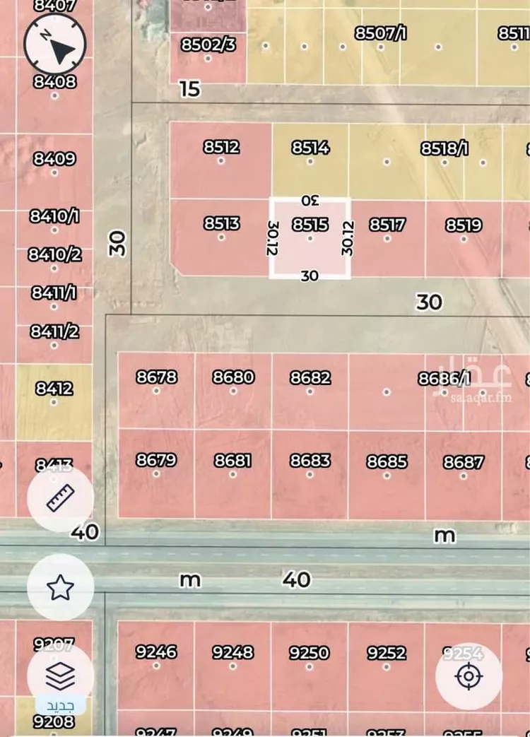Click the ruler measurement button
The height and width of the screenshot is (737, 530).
pyautogui.click(x=60, y=498)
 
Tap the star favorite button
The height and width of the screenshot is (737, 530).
pyautogui.click(x=60, y=586)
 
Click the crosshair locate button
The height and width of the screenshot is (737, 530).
pyautogui.click(x=469, y=677)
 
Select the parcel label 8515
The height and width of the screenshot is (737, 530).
pyautogui.click(x=310, y=225)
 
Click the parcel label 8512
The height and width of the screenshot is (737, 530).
pyautogui.click(x=221, y=147)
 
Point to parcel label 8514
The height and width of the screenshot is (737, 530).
pyautogui.click(x=310, y=148)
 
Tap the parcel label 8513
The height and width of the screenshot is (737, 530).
pyautogui.click(x=221, y=223)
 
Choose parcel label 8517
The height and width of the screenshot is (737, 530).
pyautogui.click(x=387, y=225)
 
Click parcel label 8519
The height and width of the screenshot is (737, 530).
pyautogui.click(x=464, y=225)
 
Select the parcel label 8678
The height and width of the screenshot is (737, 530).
pyautogui.click(x=156, y=377)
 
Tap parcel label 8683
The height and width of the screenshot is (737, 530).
pyautogui.click(x=310, y=461)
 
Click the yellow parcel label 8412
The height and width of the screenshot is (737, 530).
pyautogui.click(x=54, y=389)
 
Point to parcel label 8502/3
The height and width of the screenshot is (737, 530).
pyautogui.click(x=208, y=45)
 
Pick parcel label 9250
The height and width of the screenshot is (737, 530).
pyautogui.click(x=310, y=652)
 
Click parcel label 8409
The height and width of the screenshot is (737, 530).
pyautogui.click(x=54, y=158)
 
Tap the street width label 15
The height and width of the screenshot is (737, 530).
pyautogui.click(x=190, y=89)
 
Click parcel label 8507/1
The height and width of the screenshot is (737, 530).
pyautogui.click(x=381, y=33)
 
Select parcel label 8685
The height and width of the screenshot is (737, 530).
pyautogui.click(x=387, y=462)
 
